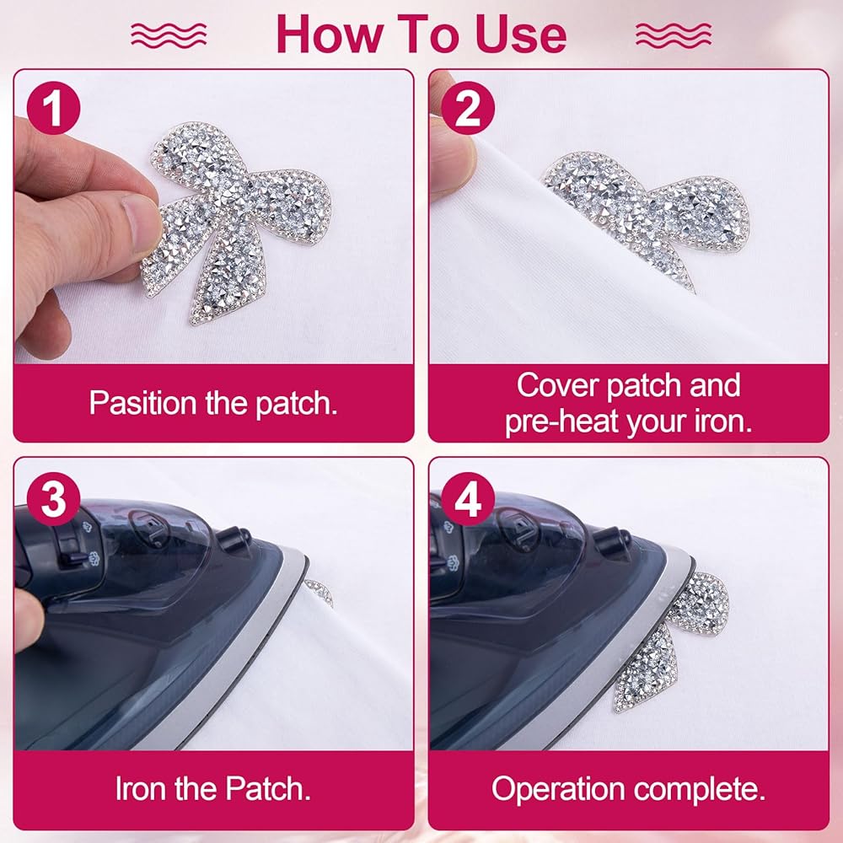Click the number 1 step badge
click(x=53, y=108)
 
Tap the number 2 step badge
click(x=468, y=108)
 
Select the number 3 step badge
click(x=53, y=499)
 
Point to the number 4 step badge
click(x=468, y=499)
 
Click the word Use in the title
click(x=520, y=35)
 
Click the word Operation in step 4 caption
click(x=558, y=789)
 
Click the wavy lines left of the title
click(x=169, y=35)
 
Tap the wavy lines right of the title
click(x=674, y=35)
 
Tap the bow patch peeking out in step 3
click(x=319, y=592)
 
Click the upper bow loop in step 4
click(x=700, y=602)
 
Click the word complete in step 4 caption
click(x=700, y=789)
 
